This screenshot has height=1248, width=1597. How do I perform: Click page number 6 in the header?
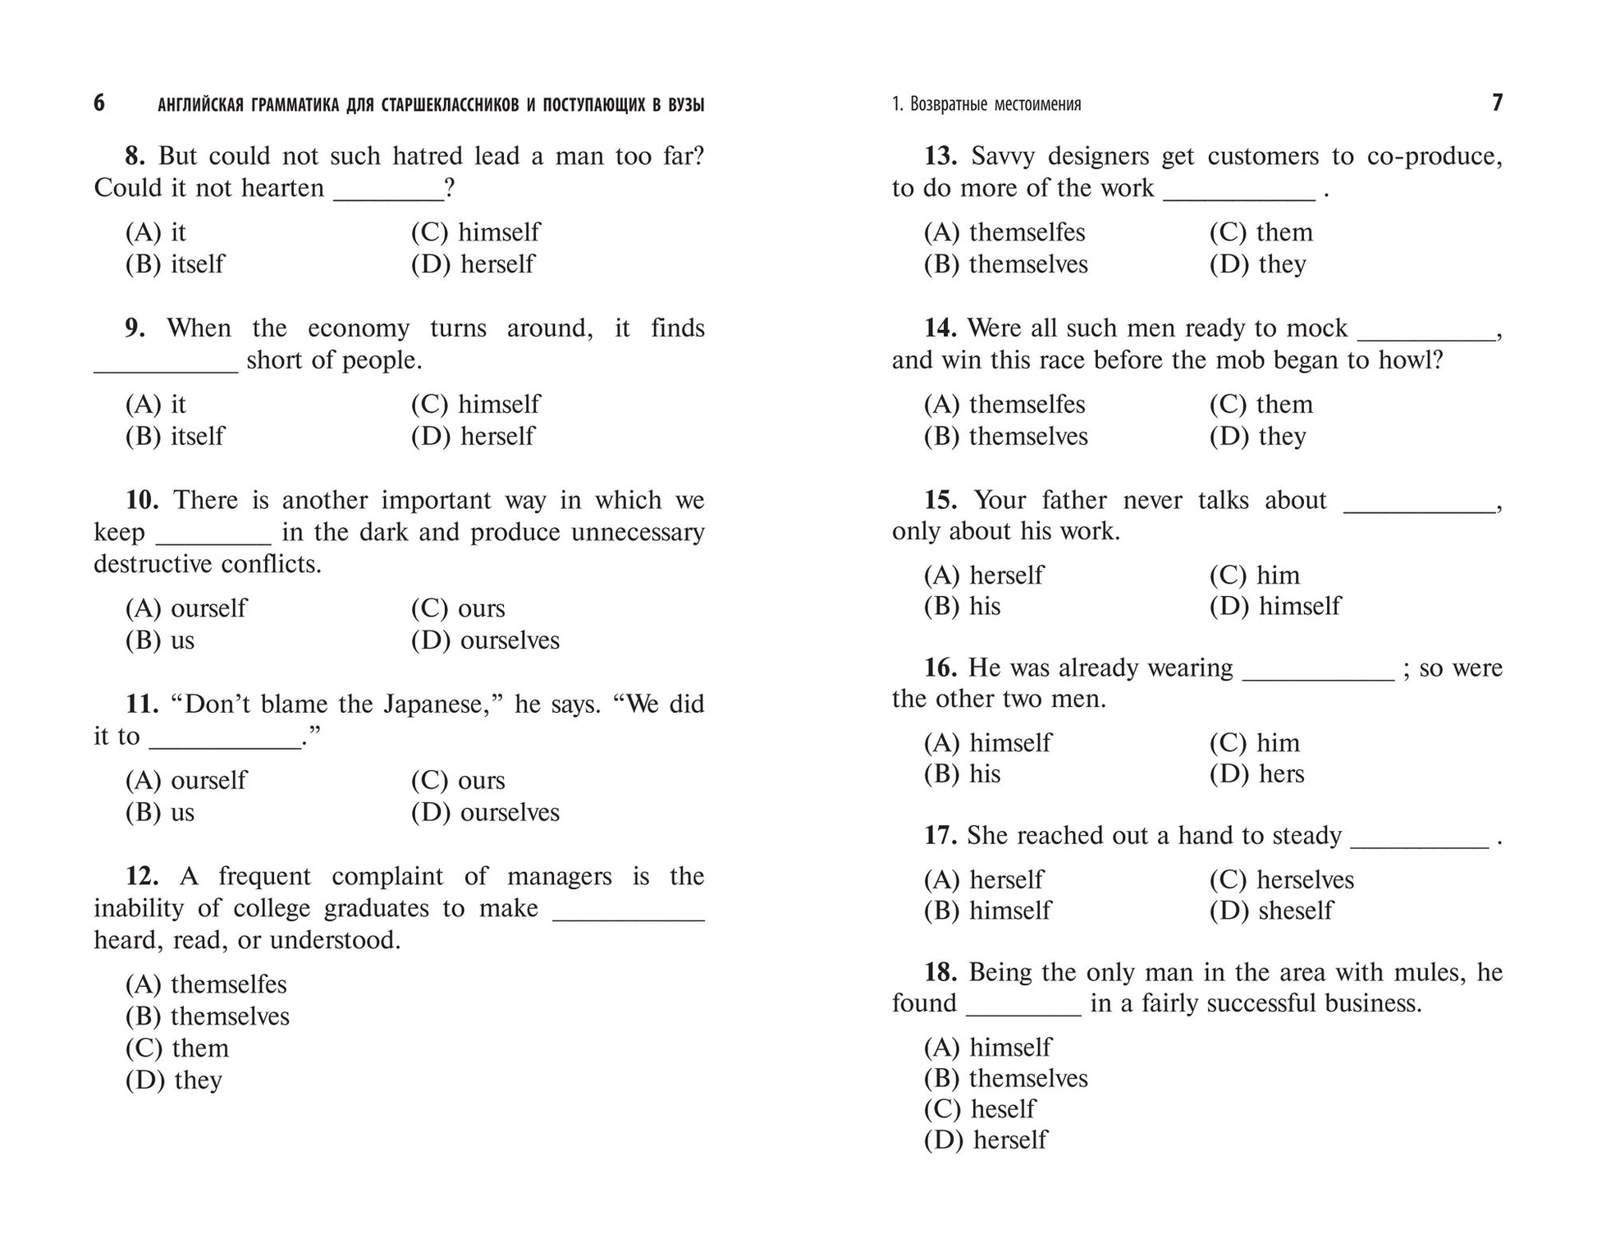pyautogui.click(x=99, y=103)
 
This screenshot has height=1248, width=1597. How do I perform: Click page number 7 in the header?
pyautogui.click(x=1497, y=103)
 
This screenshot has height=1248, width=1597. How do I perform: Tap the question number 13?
pyautogui.click(x=940, y=156)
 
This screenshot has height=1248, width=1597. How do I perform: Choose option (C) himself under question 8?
pyautogui.click(x=475, y=232)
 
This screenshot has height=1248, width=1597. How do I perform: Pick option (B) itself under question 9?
pyautogui.click(x=175, y=436)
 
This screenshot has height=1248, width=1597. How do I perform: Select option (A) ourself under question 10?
pyautogui.click(x=185, y=608)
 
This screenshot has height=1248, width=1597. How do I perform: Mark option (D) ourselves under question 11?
pyautogui.click(x=485, y=813)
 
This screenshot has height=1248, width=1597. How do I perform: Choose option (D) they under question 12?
pyautogui.click(x=174, y=1081)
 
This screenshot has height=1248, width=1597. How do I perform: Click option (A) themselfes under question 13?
pyautogui.click(x=1004, y=232)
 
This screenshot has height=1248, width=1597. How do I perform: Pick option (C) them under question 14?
pyautogui.click(x=1261, y=405)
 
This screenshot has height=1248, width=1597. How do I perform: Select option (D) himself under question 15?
pyautogui.click(x=1274, y=607)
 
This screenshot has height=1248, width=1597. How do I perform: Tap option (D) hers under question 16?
pyautogui.click(x=1256, y=774)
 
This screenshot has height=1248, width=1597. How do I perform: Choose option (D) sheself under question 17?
pyautogui.click(x=1271, y=911)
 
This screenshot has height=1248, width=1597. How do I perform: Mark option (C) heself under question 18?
pyautogui.click(x=980, y=1109)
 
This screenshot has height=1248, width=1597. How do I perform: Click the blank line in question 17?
pyautogui.click(x=1419, y=844)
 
